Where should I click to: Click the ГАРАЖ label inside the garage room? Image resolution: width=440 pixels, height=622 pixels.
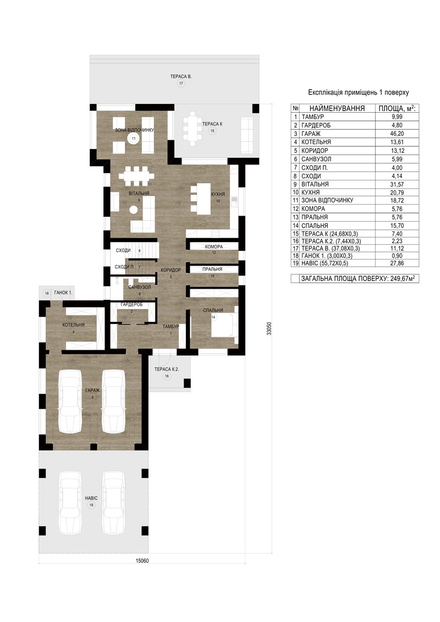pyautogui.click(x=92, y=390)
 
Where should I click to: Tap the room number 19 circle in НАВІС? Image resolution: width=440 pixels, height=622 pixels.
pyautogui.click(x=91, y=505)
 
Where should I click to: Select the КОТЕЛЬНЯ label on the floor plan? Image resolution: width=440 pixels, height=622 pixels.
pyautogui.click(x=73, y=325)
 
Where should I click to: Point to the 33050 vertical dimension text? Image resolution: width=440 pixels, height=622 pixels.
pyautogui.click(x=269, y=328)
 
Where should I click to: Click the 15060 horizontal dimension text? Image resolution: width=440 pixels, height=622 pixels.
pyautogui.click(x=142, y=561)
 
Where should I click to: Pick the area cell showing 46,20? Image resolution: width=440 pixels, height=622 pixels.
pyautogui.click(x=397, y=134)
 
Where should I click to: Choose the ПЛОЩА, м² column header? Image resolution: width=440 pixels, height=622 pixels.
pyautogui.click(x=397, y=108)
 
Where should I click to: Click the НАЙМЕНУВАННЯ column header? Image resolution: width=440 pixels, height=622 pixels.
pyautogui.click(x=337, y=108)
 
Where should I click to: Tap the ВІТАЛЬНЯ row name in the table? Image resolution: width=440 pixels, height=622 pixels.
pyautogui.click(x=315, y=184)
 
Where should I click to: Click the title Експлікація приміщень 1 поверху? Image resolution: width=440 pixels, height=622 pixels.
pyautogui.click(x=358, y=92)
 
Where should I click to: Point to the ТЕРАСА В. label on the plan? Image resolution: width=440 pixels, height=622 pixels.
pyautogui.click(x=181, y=76)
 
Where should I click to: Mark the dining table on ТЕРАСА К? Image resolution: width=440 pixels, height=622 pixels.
pyautogui.click(x=193, y=129)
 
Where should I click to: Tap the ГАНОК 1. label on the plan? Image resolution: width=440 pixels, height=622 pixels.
pyautogui.click(x=63, y=293)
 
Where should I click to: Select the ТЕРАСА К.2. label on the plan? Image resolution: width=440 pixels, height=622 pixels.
pyautogui.click(x=167, y=369)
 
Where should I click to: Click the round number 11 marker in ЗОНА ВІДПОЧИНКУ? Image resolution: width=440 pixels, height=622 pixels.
pyautogui.click(x=133, y=138)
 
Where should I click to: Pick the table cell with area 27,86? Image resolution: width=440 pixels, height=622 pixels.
pyautogui.click(x=397, y=263)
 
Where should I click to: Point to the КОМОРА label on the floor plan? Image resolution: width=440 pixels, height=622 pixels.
pyautogui.click(x=214, y=247)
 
